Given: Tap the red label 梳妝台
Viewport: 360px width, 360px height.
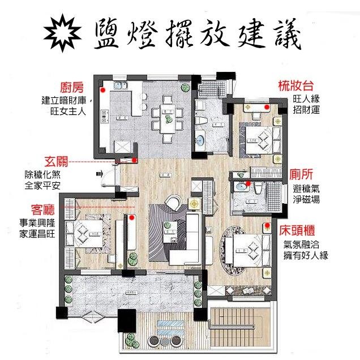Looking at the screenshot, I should click(x=295, y=86).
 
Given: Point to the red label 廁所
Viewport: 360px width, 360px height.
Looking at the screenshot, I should click(x=299, y=175).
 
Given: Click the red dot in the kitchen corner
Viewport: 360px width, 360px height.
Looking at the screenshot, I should click(x=103, y=89).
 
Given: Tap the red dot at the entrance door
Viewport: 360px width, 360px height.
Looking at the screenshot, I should click(x=134, y=160).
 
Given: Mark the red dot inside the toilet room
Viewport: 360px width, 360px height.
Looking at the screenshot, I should click(x=248, y=185).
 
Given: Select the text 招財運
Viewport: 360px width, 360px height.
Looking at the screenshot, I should click(x=306, y=109).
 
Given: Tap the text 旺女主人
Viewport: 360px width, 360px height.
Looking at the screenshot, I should click(x=67, y=112).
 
